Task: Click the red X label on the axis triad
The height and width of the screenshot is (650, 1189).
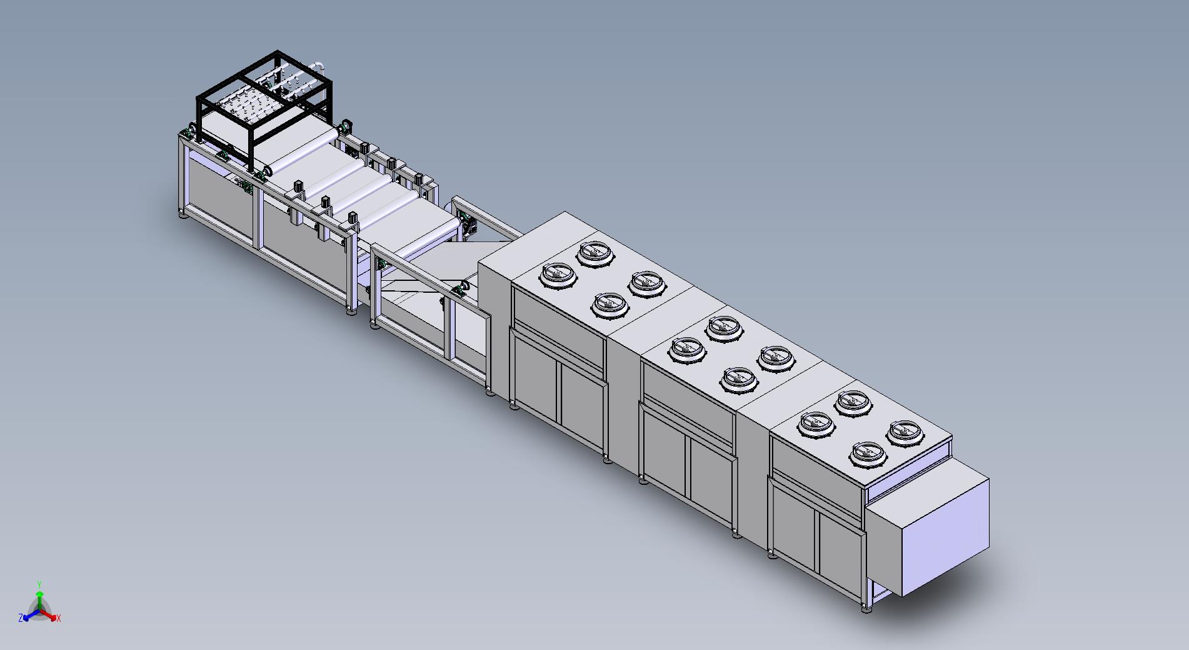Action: point(59,618)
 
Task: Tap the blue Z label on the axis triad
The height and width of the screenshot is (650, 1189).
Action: point(21,617)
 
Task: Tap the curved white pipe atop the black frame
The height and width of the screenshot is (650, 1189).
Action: point(318,64)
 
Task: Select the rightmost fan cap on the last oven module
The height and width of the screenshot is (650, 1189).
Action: point(904,433)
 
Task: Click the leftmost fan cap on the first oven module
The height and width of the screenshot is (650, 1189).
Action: point(558,275)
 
